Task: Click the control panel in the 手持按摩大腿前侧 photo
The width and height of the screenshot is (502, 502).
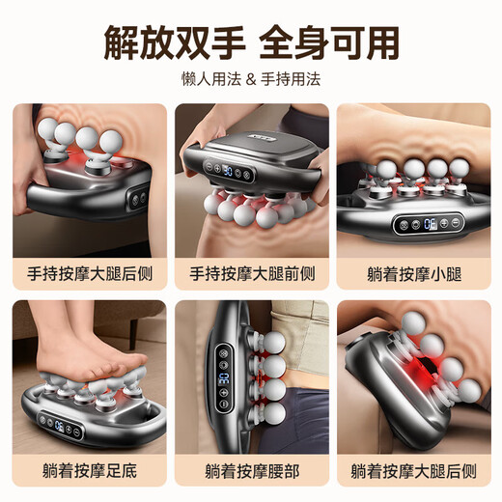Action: [230, 175]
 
